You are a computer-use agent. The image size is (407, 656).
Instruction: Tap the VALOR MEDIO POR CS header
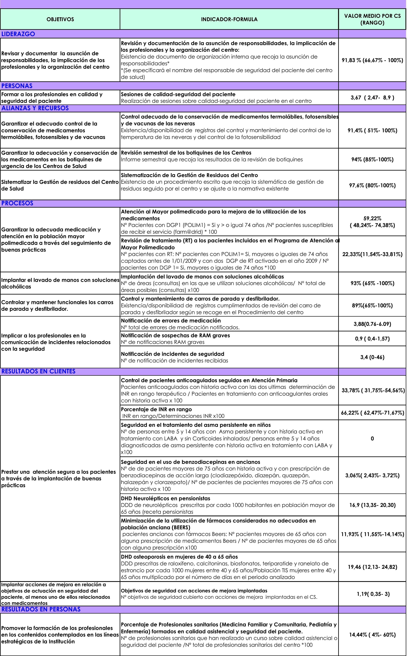point(372,19)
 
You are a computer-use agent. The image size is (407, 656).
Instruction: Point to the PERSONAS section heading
point(17,86)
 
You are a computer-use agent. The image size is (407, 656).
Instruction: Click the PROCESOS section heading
point(17,203)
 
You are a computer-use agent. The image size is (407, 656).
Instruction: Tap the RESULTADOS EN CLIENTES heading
point(39,371)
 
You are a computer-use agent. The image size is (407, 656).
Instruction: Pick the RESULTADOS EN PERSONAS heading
point(41,609)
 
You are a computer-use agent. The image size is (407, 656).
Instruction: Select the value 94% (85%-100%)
point(372,159)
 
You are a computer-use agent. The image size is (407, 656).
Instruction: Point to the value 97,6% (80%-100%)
point(372,185)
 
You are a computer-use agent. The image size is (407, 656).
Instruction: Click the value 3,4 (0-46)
point(372,357)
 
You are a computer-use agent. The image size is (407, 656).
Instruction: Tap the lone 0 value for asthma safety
point(372,439)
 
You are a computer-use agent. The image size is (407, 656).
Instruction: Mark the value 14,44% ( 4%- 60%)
point(372,635)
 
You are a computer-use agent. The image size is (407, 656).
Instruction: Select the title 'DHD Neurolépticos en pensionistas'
point(165,498)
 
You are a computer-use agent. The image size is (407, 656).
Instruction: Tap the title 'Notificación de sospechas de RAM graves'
point(175,335)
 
